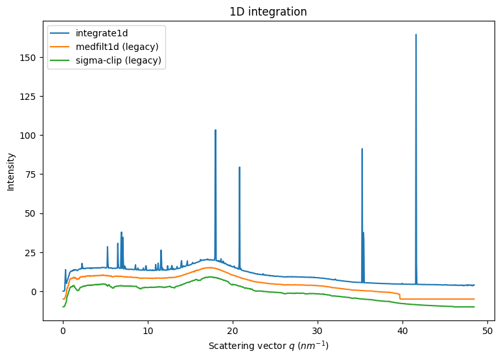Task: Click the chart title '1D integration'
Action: tap(268, 12)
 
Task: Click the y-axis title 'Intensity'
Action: tap(11, 171)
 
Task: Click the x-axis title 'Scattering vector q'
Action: tap(268, 346)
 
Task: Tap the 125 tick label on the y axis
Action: tap(30, 96)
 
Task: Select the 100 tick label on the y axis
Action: tap(30, 136)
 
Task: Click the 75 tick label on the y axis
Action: tap(32, 174)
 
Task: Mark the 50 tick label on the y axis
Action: tap(32, 213)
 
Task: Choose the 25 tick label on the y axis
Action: tap(32, 252)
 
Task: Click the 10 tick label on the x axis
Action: tap(148, 330)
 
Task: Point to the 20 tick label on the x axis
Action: tap(233, 330)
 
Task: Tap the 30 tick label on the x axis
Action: tap(318, 330)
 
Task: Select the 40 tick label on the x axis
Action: tap(402, 330)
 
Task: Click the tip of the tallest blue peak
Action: tap(416, 34)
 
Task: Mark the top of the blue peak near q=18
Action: tap(215, 130)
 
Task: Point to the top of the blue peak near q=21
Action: tap(239, 167)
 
